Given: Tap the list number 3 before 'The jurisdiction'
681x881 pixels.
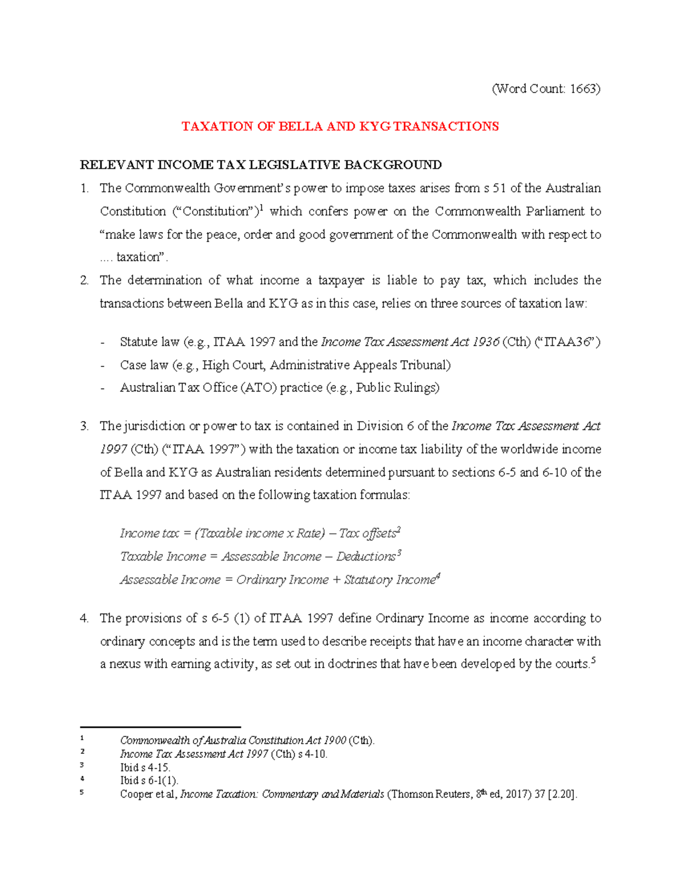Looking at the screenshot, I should click(84, 426).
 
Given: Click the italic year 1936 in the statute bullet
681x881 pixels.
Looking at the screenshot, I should click(485, 342).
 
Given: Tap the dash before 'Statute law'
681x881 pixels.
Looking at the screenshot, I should click(102, 343).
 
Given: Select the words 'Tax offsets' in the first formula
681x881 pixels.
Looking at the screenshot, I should click(368, 534).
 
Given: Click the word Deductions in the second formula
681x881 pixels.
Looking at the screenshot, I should click(366, 557).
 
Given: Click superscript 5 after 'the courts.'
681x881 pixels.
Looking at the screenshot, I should click(594, 660).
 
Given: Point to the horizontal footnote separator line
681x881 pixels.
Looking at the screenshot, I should click(161, 727).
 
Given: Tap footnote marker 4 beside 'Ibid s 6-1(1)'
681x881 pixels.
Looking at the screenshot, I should click(83, 778).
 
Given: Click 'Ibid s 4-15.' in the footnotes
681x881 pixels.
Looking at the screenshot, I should click(145, 768).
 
